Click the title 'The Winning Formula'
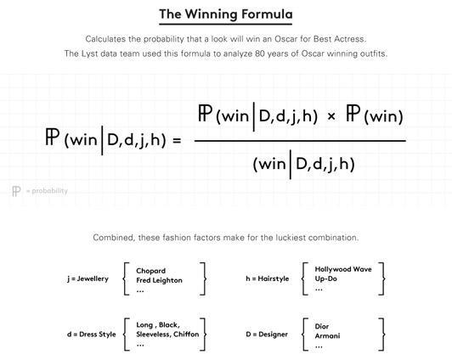coord(226,14)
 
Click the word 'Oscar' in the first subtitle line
coord(285,39)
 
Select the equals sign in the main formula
coord(177,141)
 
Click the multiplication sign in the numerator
coord(331,116)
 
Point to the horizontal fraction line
coord(300,141)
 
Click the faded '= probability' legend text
coord(47,191)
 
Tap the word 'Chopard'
coord(150,271)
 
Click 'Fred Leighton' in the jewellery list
coord(159,280)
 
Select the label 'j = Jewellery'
coord(88,278)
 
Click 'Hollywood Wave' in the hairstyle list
coord(343,269)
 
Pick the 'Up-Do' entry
coord(326,278)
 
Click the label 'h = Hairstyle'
coord(268,278)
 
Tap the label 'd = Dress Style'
coord(92,335)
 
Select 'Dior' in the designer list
coord(322,326)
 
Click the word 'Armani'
coord(327,336)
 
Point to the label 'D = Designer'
coord(267,335)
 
